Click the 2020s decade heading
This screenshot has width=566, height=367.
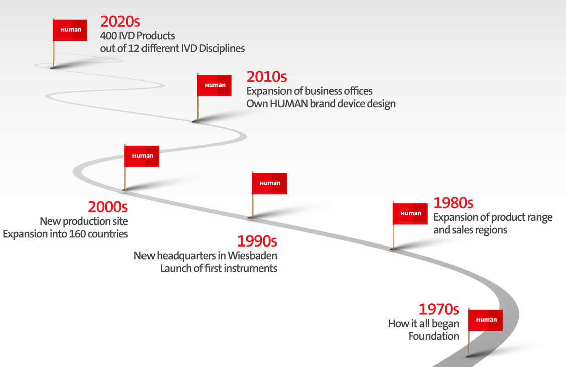[x=120, y=22]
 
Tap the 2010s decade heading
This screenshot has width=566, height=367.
[x=267, y=77]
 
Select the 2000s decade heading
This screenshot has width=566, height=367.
[x=108, y=207]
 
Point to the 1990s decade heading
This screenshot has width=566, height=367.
[x=257, y=241]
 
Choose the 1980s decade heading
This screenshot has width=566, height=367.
[x=453, y=203]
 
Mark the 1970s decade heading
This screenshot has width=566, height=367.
[x=439, y=310]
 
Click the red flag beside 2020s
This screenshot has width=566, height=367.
[x=70, y=30]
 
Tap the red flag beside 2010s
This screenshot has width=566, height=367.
[x=214, y=86]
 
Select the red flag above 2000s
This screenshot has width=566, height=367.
[x=142, y=156]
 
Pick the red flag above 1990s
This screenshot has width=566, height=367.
[x=269, y=184]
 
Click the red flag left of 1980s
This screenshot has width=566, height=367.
[x=410, y=214]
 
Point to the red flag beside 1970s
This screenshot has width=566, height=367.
[x=486, y=320]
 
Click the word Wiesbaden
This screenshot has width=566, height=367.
[x=253, y=256]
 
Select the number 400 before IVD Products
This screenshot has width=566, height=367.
[x=108, y=36]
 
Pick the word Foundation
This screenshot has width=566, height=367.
[x=434, y=336]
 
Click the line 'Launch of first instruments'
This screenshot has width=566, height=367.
[x=219, y=269]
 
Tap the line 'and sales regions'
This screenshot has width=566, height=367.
[x=470, y=230]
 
